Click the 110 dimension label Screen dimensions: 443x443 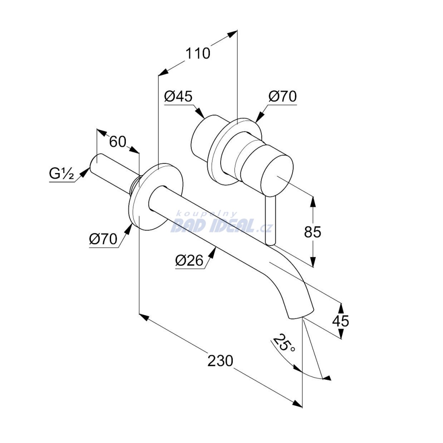click(x=197, y=53)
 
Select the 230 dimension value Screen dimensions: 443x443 click(x=220, y=361)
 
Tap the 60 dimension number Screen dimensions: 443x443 click(x=118, y=141)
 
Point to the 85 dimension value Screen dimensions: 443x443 click(x=313, y=232)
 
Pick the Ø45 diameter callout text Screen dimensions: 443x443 click(x=178, y=96)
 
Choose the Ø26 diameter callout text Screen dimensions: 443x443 click(x=189, y=260)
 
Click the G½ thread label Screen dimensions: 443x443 click(x=61, y=173)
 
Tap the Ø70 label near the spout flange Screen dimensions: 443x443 click(x=103, y=239)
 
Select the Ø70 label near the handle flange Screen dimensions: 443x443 click(x=282, y=96)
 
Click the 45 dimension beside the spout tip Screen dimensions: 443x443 click(x=340, y=321)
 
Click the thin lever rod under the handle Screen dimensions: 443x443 click(x=270, y=220)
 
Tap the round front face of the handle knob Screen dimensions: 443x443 click(x=277, y=176)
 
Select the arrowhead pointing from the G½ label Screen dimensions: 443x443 click(x=83, y=173)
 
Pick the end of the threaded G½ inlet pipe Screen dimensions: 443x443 click(x=94, y=163)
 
